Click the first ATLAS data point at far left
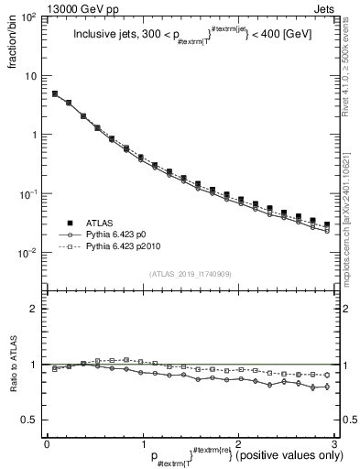(55, 93)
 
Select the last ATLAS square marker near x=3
(327, 224)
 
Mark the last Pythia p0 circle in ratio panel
(327, 386)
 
